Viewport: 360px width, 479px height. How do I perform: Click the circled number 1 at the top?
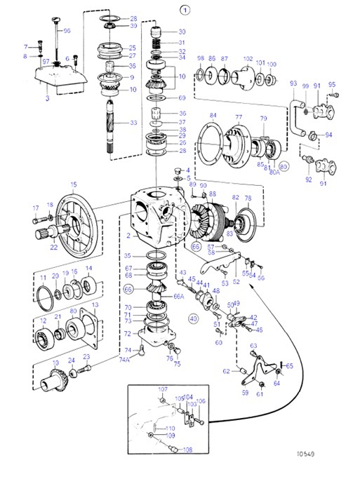point(185,9)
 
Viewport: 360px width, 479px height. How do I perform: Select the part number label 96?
point(67,32)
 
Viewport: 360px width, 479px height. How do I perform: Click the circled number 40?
point(194,317)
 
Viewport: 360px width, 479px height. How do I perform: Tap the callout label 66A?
point(179,297)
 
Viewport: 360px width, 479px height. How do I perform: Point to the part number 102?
point(248,59)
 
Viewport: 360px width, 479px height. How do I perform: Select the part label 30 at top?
point(182,32)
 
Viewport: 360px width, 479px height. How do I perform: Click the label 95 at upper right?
point(332,86)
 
